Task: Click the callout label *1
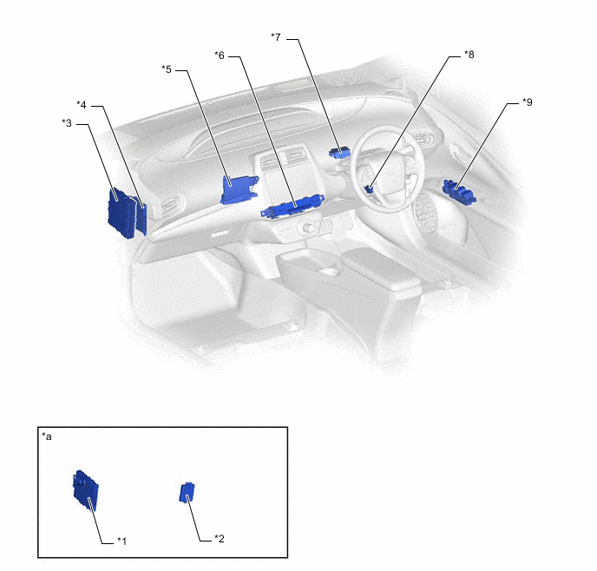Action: coord(121,541)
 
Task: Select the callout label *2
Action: coord(219,539)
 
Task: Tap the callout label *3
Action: coord(67,123)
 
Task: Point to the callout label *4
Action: coord(82,105)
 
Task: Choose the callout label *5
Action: coord(167,69)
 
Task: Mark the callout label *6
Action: coord(220,56)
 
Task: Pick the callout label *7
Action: coord(276,37)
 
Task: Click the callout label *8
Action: coord(469,55)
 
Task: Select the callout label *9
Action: coord(528,102)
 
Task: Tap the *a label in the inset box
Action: coord(47,436)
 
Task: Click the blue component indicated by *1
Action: coord(86,490)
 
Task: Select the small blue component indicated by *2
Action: coord(187,493)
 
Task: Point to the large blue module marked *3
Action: coord(121,213)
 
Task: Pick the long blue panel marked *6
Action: coord(292,206)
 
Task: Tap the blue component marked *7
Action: coord(339,152)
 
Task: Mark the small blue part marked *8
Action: coord(369,189)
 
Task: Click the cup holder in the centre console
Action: coord(327,271)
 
